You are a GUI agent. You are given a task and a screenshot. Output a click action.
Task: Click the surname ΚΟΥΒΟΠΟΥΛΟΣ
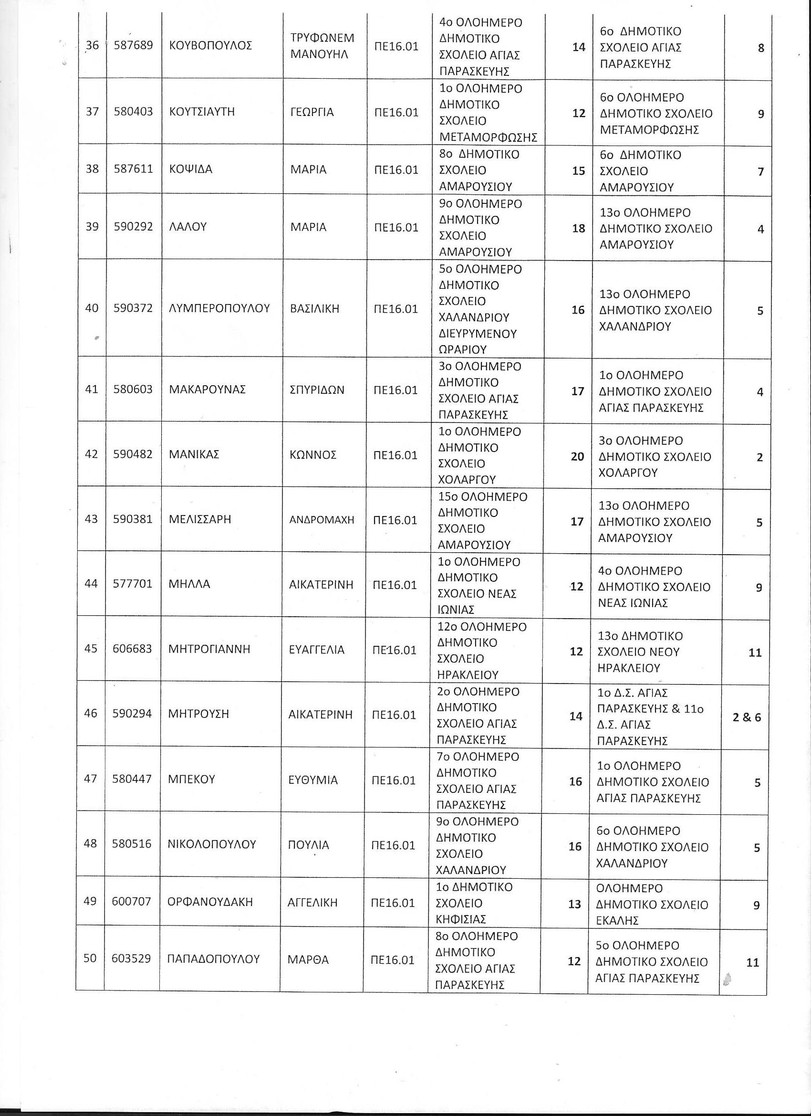pyautogui.click(x=210, y=46)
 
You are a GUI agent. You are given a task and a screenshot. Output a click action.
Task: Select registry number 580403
pyautogui.click(x=133, y=112)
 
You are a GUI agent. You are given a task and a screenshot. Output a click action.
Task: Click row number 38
pyautogui.click(x=92, y=169)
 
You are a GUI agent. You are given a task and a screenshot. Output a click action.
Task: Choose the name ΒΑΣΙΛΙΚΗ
pyautogui.click(x=315, y=309)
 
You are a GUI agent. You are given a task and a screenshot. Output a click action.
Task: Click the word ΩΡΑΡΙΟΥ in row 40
pyautogui.click(x=463, y=349)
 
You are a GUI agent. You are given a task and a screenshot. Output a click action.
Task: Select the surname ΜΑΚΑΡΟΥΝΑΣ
pyautogui.click(x=207, y=390)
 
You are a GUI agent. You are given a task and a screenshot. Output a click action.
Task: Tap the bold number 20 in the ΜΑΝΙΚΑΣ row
pyautogui.click(x=577, y=457)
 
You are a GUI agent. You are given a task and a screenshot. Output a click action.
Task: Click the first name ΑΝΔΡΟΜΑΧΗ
pyautogui.click(x=322, y=520)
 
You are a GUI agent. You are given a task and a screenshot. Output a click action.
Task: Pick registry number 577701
pyautogui.click(x=133, y=584)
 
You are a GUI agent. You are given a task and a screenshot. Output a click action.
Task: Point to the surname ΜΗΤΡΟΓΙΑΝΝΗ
pyautogui.click(x=209, y=650)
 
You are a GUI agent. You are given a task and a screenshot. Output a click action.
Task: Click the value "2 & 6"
pyautogui.click(x=747, y=717)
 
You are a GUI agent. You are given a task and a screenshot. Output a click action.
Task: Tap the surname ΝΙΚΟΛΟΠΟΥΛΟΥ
pyautogui.click(x=212, y=845)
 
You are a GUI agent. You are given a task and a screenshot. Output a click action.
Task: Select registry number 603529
pyautogui.click(x=131, y=958)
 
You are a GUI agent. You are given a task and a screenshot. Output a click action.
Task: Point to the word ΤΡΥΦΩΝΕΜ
pyautogui.click(x=322, y=38)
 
